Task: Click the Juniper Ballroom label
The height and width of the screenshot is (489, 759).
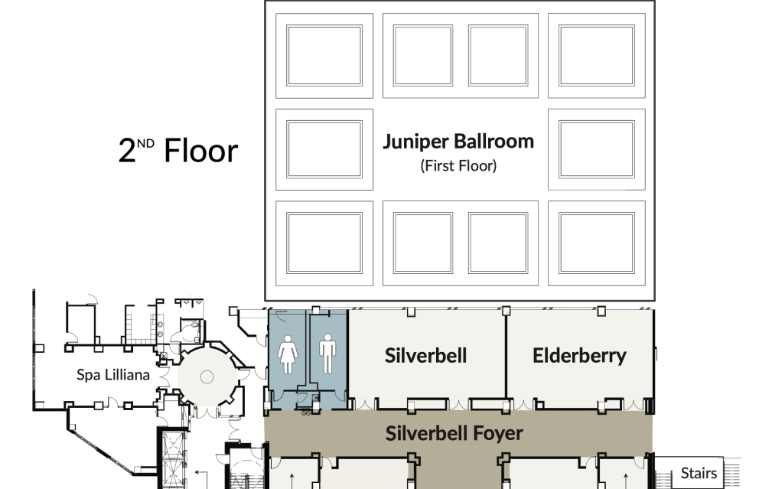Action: (458, 142)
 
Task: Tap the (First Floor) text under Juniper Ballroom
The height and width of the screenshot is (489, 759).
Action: (458, 165)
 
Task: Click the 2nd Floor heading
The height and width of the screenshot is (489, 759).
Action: (178, 151)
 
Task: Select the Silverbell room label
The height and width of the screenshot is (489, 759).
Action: (425, 355)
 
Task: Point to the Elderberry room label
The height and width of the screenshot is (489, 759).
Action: (579, 355)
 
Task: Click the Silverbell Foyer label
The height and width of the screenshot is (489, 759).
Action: (454, 433)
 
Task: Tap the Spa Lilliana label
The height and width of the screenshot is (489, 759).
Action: (112, 375)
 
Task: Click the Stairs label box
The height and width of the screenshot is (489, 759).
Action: (699, 473)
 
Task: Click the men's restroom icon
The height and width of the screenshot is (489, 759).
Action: (327, 354)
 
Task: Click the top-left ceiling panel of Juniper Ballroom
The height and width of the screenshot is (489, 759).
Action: (324, 55)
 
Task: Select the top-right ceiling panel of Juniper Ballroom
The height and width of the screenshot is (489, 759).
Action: (596, 55)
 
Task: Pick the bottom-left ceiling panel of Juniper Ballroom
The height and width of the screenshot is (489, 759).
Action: (324, 243)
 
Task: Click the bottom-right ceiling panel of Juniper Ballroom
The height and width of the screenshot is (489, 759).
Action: (596, 243)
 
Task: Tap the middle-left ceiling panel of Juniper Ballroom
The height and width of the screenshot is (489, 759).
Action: (324, 149)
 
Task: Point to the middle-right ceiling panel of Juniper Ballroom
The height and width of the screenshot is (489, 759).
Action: (596, 149)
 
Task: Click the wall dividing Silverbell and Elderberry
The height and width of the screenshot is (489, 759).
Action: (505, 356)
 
